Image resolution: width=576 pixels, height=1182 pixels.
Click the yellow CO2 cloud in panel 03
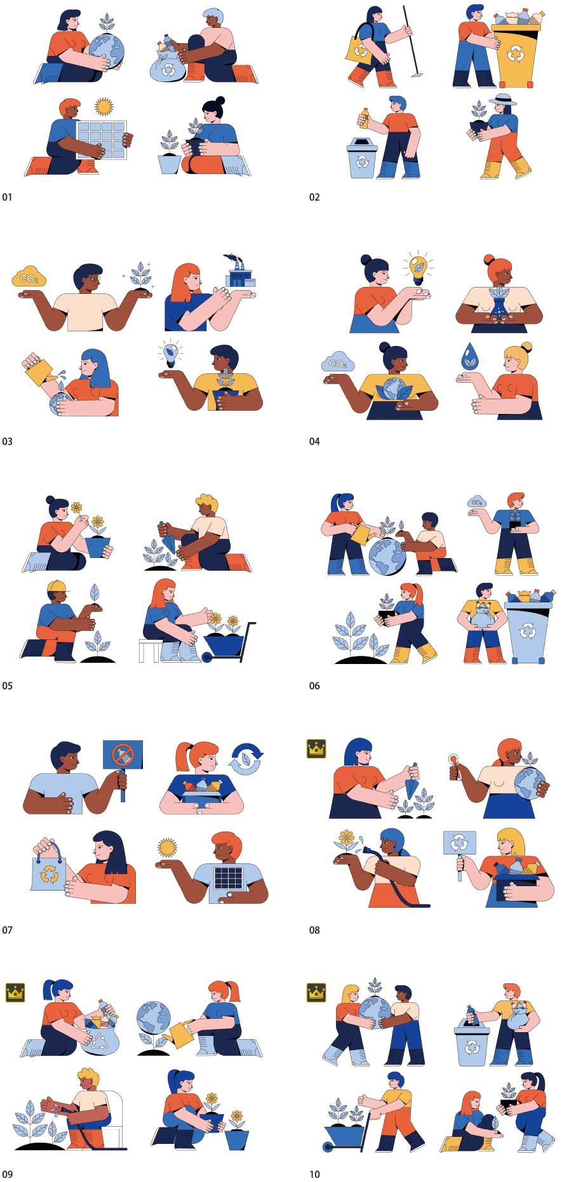click(x=29, y=277)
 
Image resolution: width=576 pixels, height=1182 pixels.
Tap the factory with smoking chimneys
click(x=239, y=272)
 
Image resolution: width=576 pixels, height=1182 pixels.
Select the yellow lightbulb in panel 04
click(x=418, y=269)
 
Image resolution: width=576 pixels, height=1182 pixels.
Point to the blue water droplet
click(x=469, y=356)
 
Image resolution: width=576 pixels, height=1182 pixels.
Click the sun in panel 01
click(x=104, y=105)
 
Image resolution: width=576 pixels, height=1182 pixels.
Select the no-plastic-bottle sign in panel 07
click(x=123, y=754)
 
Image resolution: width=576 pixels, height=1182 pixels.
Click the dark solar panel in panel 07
click(x=228, y=878)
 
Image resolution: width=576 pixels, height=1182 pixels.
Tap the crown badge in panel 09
click(x=15, y=992)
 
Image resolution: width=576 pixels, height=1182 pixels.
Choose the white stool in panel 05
click(x=150, y=650)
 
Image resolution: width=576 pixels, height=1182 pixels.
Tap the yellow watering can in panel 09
click(x=179, y=1034)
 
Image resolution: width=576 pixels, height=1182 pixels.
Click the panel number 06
click(x=314, y=686)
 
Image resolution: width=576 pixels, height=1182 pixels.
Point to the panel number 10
click(x=314, y=1174)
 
